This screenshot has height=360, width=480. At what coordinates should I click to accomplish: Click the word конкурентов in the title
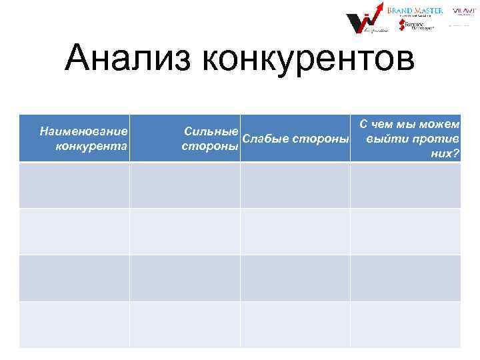(x=307, y=60)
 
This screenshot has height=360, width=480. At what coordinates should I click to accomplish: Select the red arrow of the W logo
(x=374, y=12)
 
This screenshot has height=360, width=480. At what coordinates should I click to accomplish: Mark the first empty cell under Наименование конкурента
(x=74, y=185)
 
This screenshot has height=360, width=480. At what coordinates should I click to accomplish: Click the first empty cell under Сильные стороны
(x=185, y=185)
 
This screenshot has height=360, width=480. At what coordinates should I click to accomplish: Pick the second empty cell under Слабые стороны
(x=295, y=231)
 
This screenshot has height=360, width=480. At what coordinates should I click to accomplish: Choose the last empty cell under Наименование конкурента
(x=74, y=325)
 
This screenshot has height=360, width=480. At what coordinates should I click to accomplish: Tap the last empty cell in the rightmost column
(x=405, y=325)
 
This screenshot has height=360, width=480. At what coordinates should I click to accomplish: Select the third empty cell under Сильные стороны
(x=185, y=278)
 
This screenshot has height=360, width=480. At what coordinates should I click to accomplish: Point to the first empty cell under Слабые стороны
(x=295, y=185)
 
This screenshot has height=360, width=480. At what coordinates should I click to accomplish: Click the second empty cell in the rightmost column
(x=405, y=231)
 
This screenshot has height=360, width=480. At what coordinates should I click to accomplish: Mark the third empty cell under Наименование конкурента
(x=74, y=278)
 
